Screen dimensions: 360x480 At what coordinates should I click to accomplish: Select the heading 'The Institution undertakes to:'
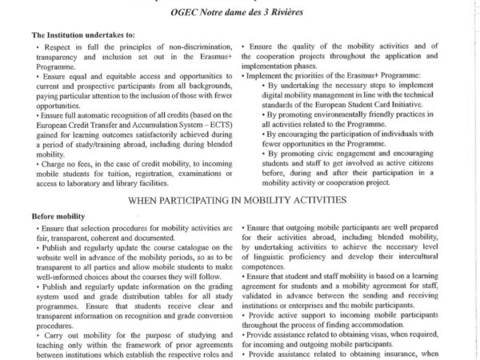78,35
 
